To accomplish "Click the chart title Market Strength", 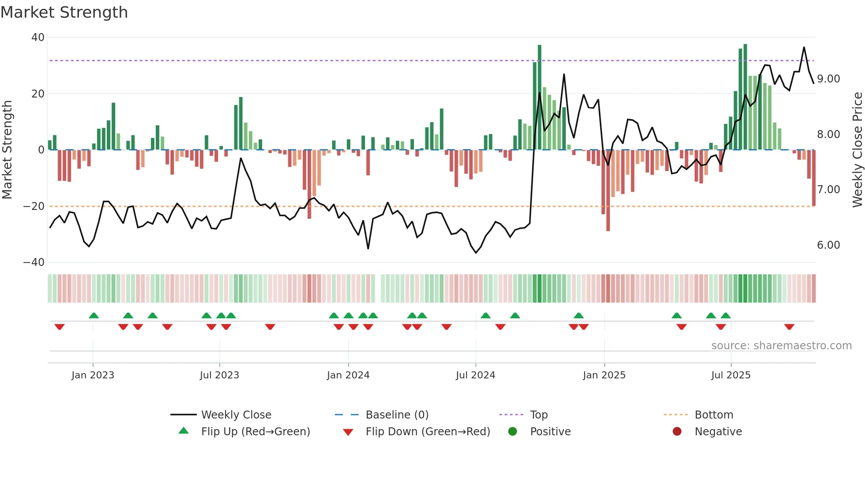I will [x=64, y=12].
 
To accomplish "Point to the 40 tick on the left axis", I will [x=38, y=37].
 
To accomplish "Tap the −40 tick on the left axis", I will [x=34, y=262].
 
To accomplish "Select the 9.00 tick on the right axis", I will [x=828, y=79].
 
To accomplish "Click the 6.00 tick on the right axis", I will [x=828, y=245].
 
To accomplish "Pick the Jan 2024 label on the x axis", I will [x=348, y=375].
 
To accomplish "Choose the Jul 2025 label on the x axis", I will [x=731, y=375].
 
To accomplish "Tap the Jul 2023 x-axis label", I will [x=219, y=375].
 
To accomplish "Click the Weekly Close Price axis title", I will [x=857, y=150].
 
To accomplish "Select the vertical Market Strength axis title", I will [x=8, y=150].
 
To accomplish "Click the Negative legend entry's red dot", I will [x=677, y=432].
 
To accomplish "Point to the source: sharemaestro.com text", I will [x=781, y=346].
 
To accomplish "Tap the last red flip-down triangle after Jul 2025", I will [x=789, y=327].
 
